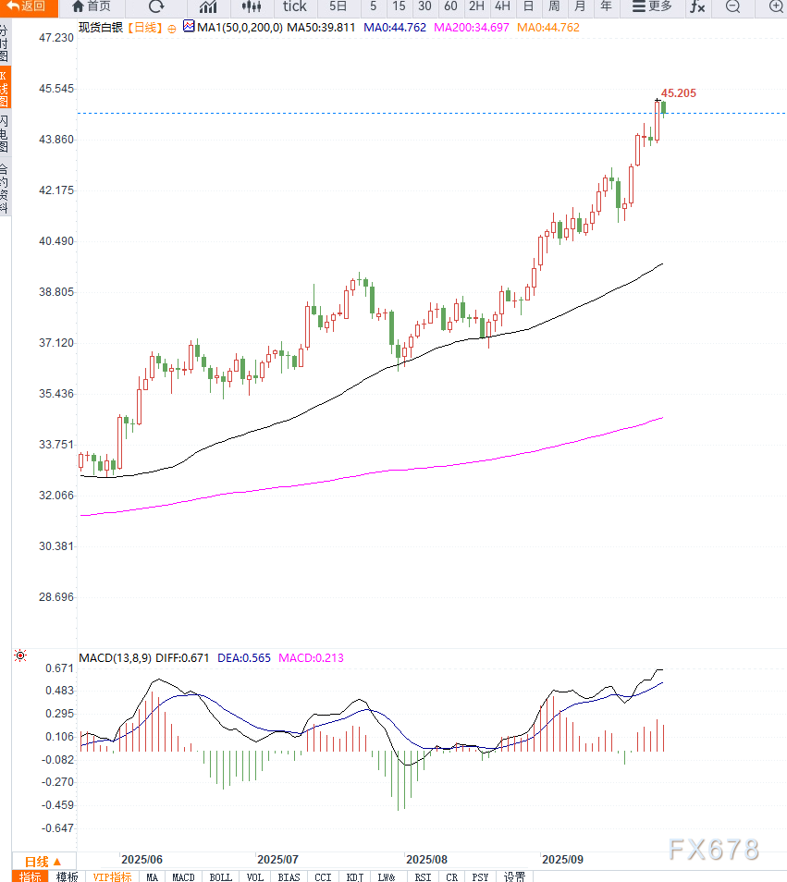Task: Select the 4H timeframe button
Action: [502, 6]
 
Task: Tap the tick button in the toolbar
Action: [294, 6]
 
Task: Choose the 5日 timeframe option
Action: [338, 6]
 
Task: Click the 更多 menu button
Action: [651, 6]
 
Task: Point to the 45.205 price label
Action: [679, 93]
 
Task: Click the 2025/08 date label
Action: [427, 859]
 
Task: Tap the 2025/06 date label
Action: [141, 859]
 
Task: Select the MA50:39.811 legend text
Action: [321, 28]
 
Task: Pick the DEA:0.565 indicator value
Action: [244, 658]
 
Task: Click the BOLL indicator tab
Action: [220, 876]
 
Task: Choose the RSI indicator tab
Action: [423, 876]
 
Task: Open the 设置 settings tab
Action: [514, 876]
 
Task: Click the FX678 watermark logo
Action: [714, 850]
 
